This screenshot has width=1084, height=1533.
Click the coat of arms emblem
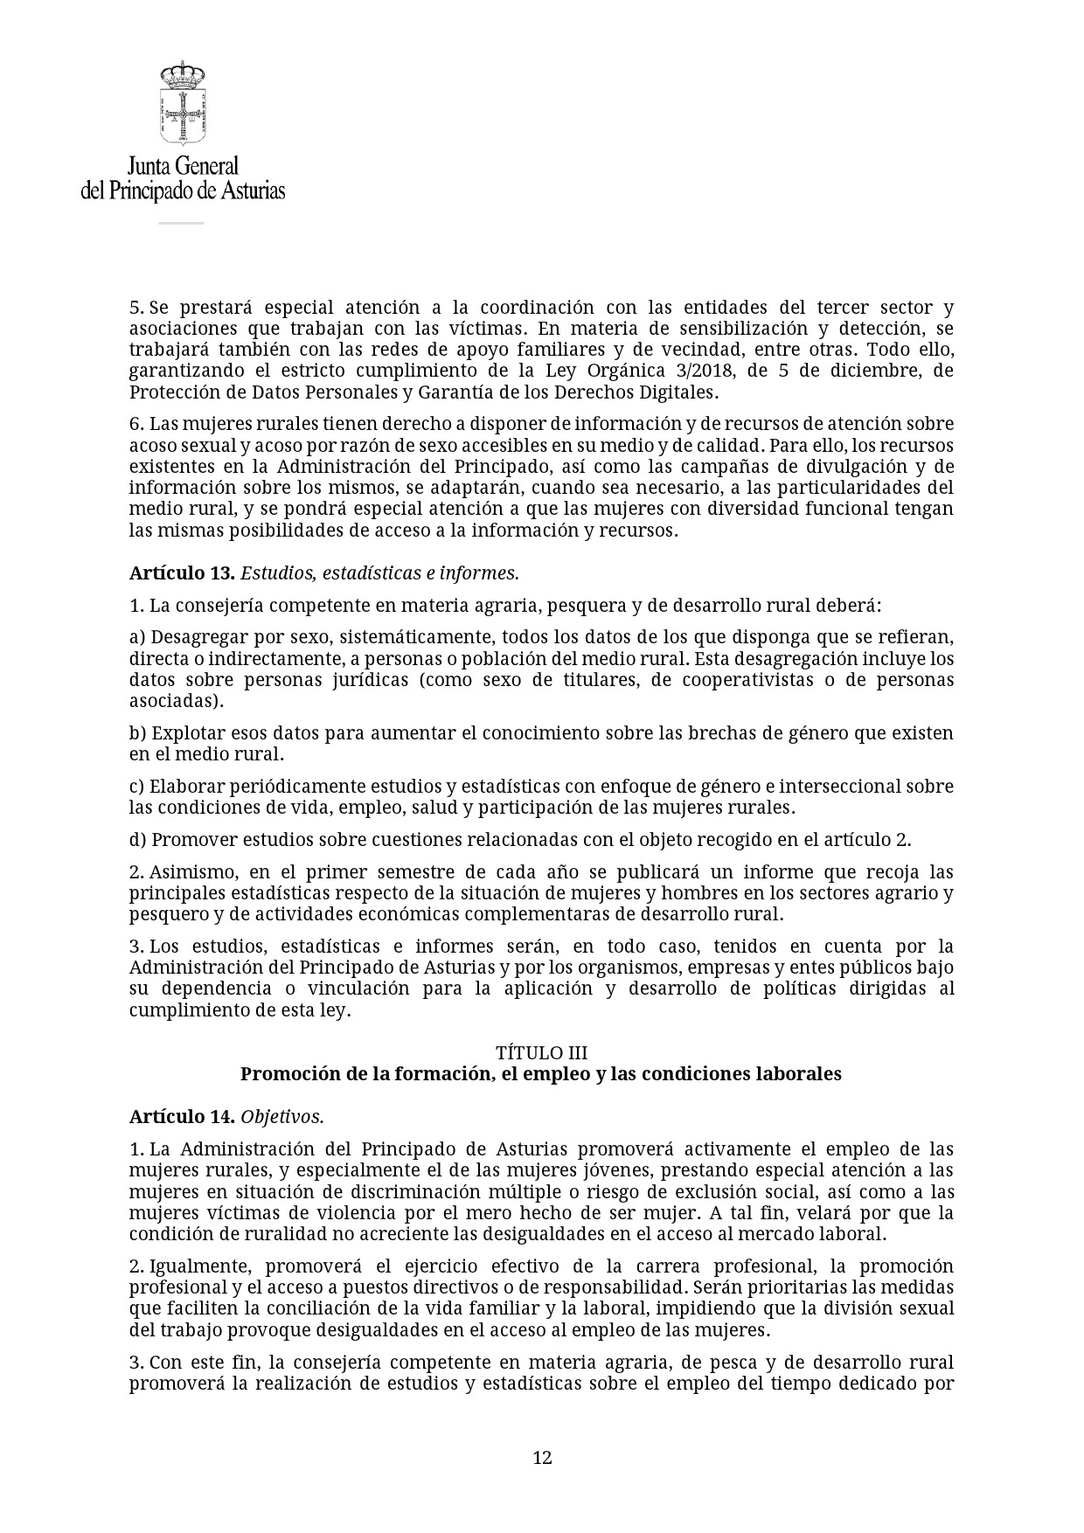(182, 114)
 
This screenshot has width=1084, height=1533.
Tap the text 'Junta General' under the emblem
(183, 166)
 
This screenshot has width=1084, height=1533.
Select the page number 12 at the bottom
(542, 1457)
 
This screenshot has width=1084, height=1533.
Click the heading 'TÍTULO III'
(541, 1052)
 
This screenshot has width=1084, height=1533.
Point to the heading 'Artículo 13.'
(182, 573)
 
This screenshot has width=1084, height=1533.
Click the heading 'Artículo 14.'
(182, 1117)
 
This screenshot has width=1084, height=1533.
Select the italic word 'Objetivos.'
(282, 1117)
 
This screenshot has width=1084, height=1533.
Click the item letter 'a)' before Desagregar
(137, 637)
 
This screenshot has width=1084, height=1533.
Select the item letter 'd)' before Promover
(137, 840)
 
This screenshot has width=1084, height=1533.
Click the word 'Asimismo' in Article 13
(191, 872)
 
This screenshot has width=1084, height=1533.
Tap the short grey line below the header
(181, 223)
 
